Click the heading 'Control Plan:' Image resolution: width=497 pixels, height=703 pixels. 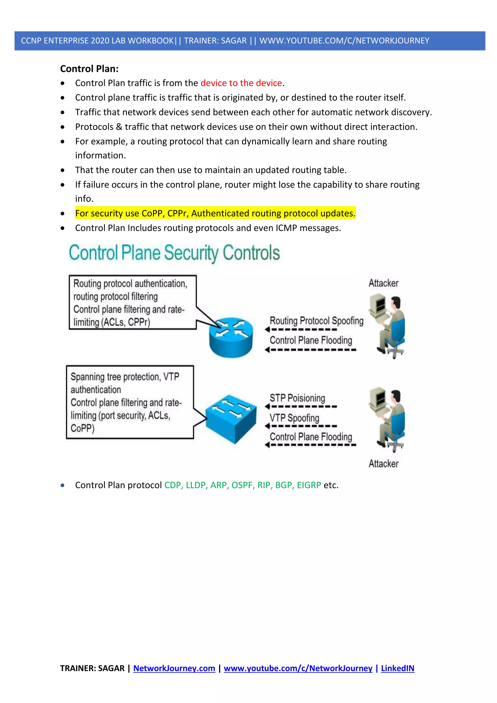pyautogui.click(x=89, y=69)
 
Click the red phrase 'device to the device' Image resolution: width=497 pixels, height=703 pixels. pyautogui.click(x=241, y=83)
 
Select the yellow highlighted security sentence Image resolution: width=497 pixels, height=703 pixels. pyautogui.click(x=215, y=213)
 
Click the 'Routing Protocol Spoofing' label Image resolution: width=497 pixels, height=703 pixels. pyautogui.click(x=316, y=321)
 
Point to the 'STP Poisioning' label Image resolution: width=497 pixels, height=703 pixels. pyautogui.click(x=297, y=398)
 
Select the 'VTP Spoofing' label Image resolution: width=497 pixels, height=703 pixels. pyautogui.click(x=294, y=418)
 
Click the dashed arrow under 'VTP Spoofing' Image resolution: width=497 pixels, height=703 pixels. pyautogui.click(x=301, y=426)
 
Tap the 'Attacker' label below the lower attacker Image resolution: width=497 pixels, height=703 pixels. pyautogui.click(x=383, y=464)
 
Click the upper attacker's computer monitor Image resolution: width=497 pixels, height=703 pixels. pyautogui.click(x=378, y=304)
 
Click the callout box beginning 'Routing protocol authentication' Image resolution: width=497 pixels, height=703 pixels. pyautogui.click(x=132, y=302)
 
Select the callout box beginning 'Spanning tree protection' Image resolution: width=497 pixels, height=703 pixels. pyautogui.click(x=130, y=402)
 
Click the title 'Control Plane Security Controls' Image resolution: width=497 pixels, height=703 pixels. pyautogui.click(x=174, y=253)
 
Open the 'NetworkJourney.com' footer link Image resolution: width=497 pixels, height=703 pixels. pyautogui.click(x=174, y=668)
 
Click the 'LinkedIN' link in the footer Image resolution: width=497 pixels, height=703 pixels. pyautogui.click(x=397, y=668)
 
